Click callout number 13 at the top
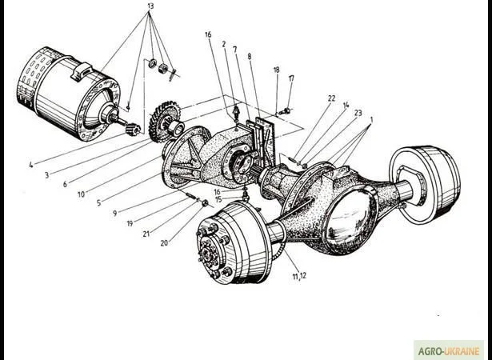pyautogui.click(x=150, y=6)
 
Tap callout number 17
pyautogui.click(x=291, y=78)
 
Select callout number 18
pyautogui.click(x=276, y=70)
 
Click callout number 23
pyautogui.click(x=357, y=113)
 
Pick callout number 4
pyautogui.click(x=30, y=166)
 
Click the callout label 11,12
pyautogui.click(x=300, y=276)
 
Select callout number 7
pyautogui.click(x=234, y=50)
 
